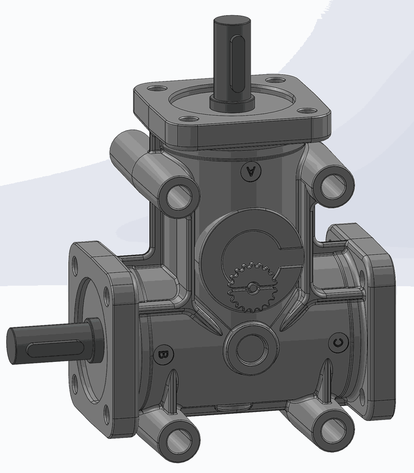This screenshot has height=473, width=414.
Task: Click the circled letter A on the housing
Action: pyautogui.click(x=250, y=172)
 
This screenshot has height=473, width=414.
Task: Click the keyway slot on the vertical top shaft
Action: pyautogui.click(x=238, y=63)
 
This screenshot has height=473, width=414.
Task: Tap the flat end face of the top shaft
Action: pyautogui.click(x=232, y=22)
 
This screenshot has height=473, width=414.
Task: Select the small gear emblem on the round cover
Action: pyautogui.click(x=252, y=287)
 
